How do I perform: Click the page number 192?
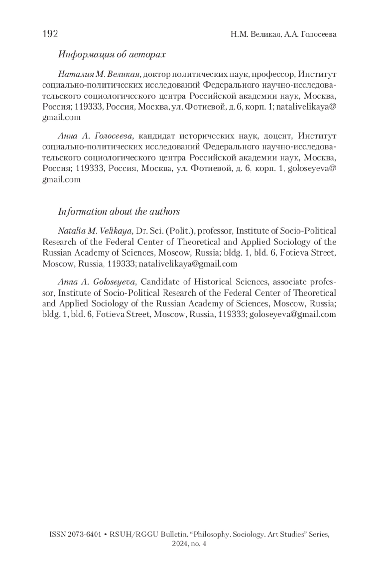pos(50,34)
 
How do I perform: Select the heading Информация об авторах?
pos(112,55)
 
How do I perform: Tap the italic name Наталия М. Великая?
pos(99,75)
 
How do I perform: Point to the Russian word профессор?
pos(274,75)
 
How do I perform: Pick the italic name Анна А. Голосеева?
pos(96,136)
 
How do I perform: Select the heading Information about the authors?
pos(119,212)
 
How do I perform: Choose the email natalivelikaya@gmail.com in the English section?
pos(188,264)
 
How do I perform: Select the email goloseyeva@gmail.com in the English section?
pos(292,315)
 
